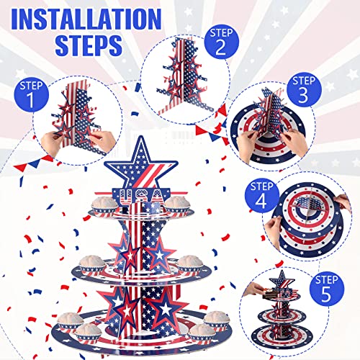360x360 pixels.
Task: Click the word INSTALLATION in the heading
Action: click(x=86, y=19)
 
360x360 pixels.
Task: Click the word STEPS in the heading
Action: click(x=89, y=45)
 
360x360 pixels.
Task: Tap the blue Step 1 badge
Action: click(x=31, y=94)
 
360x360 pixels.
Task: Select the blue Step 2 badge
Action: click(x=221, y=42)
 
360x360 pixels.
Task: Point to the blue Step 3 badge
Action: click(x=304, y=90)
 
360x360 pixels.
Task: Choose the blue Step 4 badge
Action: click(x=262, y=196)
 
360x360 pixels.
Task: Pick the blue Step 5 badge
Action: click(x=327, y=289)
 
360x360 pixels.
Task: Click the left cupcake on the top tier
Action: click(x=104, y=206)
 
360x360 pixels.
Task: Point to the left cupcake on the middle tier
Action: click(x=93, y=265)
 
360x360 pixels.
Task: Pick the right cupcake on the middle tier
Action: click(x=190, y=265)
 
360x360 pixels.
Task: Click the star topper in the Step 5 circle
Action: click(x=282, y=280)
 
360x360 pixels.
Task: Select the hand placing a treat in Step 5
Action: click(x=253, y=289)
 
